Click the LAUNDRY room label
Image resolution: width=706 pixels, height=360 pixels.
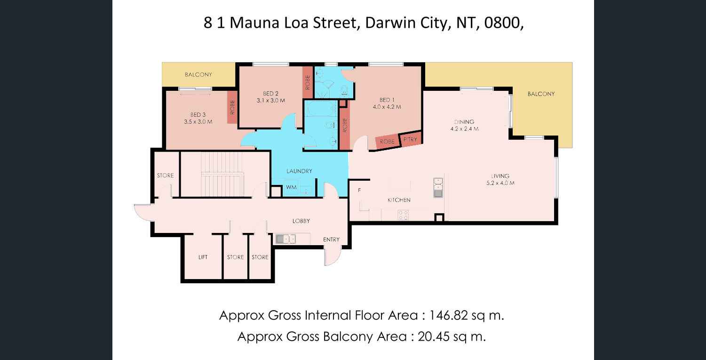[x=299, y=171]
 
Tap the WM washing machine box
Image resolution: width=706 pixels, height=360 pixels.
[x=291, y=187]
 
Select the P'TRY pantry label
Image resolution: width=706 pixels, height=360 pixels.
[x=410, y=139]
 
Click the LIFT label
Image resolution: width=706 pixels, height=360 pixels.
[x=203, y=257]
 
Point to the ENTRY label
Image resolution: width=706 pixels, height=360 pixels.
[x=331, y=240]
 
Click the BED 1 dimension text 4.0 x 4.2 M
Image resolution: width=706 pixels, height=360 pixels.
[x=387, y=107]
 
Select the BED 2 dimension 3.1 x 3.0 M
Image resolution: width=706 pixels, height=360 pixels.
[x=271, y=101]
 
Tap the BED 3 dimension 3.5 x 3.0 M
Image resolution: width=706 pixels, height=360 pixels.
[x=198, y=122]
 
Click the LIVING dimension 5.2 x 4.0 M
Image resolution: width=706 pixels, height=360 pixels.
[x=500, y=183]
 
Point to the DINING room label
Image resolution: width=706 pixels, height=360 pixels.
[x=464, y=122]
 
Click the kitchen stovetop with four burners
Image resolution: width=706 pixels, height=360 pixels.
[x=404, y=215]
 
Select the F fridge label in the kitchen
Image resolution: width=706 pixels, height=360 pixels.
[x=359, y=190]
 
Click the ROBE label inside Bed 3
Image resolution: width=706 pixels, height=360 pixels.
[x=232, y=107]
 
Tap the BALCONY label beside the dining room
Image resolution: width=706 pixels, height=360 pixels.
[x=541, y=94]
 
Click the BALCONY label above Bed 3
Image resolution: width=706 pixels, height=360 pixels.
[x=198, y=74]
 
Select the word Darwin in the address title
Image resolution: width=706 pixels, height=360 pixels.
[x=390, y=23]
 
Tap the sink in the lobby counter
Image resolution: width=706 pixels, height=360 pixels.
[x=286, y=239]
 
